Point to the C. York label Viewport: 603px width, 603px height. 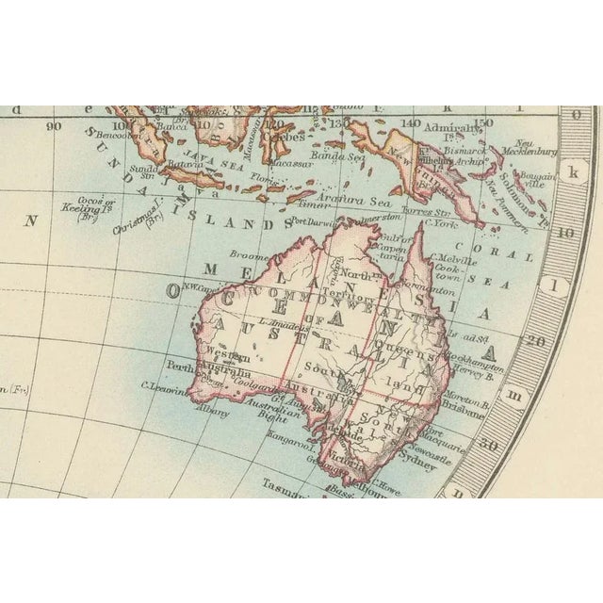[x=441, y=223]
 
